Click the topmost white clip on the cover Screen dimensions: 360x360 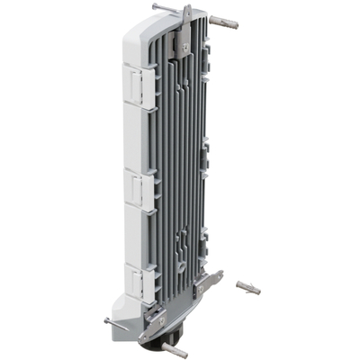pos(136,85)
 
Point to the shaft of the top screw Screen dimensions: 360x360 pos(171,11)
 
